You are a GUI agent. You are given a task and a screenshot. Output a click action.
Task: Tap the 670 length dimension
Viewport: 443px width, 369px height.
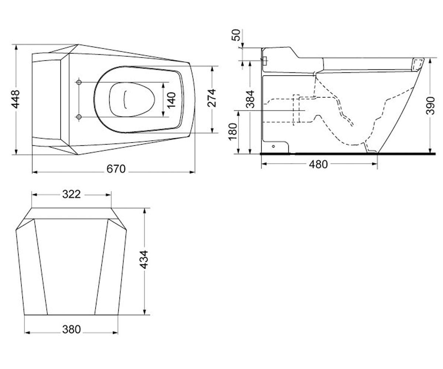[x=116, y=169]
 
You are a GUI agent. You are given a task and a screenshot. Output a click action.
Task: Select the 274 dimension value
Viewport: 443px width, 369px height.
[x=212, y=98]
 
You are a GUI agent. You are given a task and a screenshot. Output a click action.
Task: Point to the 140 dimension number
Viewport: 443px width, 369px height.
[x=171, y=100]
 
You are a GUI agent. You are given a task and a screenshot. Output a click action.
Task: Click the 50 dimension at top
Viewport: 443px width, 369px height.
[x=236, y=35]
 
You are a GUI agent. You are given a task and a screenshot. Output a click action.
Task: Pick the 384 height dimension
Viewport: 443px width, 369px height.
[x=250, y=99]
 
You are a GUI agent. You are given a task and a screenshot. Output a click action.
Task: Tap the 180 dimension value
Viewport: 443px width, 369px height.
[x=233, y=131]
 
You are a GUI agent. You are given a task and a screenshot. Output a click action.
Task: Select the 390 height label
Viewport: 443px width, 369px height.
[x=430, y=106]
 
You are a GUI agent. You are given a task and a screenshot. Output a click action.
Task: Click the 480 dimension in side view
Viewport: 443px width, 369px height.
[x=318, y=164]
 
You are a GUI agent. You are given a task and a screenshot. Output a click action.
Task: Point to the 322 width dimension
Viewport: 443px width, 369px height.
[x=72, y=194]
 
